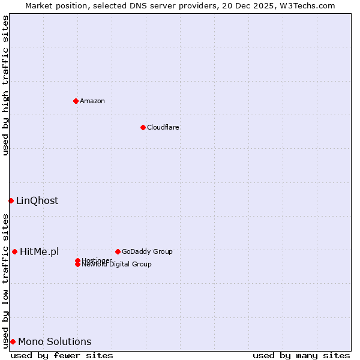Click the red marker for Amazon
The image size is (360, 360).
pos(76,101)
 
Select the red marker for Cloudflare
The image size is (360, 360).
pos(143,127)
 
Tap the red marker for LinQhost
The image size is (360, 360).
pos(11,200)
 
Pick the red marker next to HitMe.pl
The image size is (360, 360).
pos(14,251)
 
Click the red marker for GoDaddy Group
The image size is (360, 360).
pos(118,251)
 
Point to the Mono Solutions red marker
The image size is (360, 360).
pos(13,341)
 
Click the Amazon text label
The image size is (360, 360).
pos(92,101)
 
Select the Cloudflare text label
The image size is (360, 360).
pos(163,127)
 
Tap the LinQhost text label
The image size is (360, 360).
pos(37,200)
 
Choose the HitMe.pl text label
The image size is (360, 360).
pos(40,251)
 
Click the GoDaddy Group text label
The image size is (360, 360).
pos(147,251)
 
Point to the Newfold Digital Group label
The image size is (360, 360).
pos(117,265)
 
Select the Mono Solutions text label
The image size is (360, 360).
pos(55,341)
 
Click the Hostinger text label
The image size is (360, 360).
pos(97,260)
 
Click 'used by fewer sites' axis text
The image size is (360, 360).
pos(62,355)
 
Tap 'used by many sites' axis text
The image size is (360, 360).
pos(301,355)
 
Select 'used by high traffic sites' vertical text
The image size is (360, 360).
pos(5,85)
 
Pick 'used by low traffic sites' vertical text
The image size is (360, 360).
pos(5,280)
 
